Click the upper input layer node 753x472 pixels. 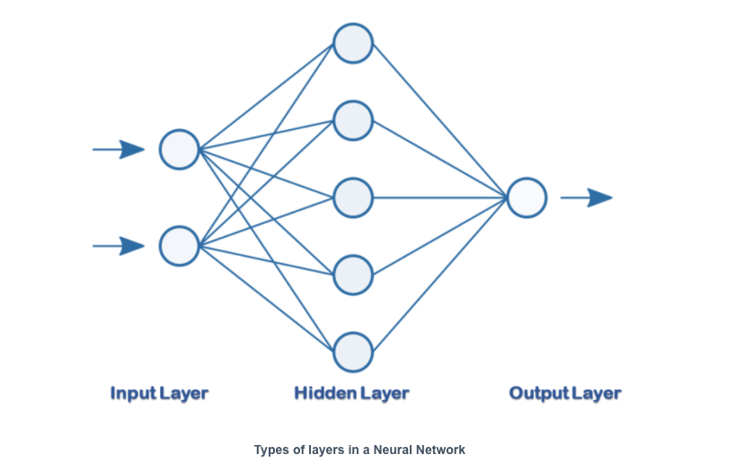pos(179,149)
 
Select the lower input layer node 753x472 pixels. pos(179,246)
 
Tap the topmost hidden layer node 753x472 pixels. pos(353,42)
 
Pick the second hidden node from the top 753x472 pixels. pos(353,120)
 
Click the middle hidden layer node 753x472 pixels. pos(353,197)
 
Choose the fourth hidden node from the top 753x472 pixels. pos(353,275)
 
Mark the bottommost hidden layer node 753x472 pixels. pos(353,352)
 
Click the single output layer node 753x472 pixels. pos(527,197)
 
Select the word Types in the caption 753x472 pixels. pos(270,450)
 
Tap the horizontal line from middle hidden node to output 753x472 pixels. pos(440,197)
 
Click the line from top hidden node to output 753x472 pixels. pos(440,120)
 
